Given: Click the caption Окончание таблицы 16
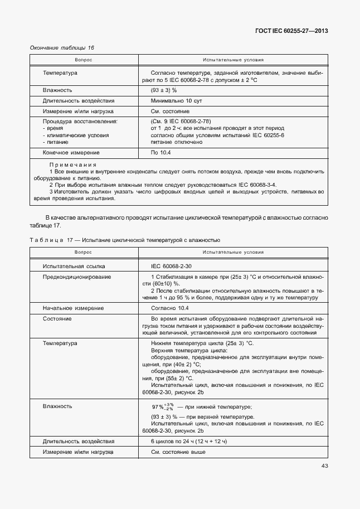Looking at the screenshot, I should pos(61,48).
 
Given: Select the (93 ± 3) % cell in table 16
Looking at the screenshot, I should pos(164,90).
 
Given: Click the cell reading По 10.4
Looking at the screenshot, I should pos(160,152).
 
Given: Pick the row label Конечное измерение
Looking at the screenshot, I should pos(71,152).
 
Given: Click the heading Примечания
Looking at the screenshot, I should pos(72,165).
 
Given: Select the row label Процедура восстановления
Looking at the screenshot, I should pos(80,121).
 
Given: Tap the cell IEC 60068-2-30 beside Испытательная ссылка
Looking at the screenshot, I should pos(171,266).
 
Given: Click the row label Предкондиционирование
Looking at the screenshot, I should pos(77,277).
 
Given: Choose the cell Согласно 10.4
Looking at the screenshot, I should pos(170,308).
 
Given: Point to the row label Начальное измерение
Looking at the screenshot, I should pos(73,308).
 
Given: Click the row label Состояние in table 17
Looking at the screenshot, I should pos(57,318).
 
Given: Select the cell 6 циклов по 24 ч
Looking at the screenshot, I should pos(189,441).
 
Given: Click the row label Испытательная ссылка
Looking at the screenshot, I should pos(74,266).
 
